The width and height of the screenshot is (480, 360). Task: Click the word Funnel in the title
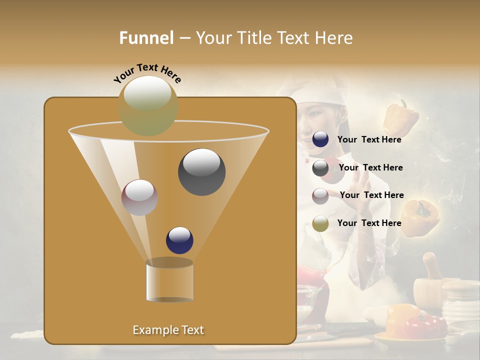[146, 38]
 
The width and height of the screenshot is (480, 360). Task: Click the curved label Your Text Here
[147, 73]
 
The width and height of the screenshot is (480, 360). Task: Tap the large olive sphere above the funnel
[148, 105]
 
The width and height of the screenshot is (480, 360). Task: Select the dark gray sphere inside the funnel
[201, 171]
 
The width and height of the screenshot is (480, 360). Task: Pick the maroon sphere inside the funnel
[140, 197]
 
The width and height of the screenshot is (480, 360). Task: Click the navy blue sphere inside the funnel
[179, 240]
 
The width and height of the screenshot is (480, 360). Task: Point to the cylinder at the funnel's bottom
[169, 281]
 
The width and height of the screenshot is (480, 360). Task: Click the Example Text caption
[168, 330]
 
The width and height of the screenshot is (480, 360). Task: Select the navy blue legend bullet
[320, 139]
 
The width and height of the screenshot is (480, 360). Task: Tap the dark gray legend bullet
[320, 168]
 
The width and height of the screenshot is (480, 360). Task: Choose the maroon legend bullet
[320, 196]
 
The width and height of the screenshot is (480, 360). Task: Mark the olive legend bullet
[320, 223]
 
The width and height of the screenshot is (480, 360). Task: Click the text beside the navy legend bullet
[369, 139]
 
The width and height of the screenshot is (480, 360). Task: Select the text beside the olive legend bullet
[369, 223]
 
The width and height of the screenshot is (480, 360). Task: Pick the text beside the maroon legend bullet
[371, 195]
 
